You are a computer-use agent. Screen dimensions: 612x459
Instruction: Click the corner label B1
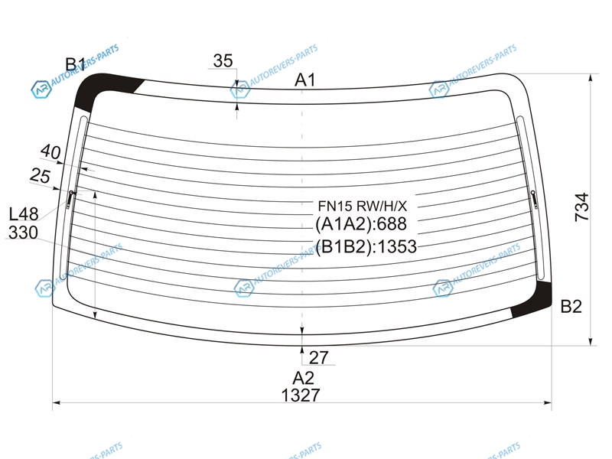tap(75, 64)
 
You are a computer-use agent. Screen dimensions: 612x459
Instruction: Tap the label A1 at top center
tap(304, 80)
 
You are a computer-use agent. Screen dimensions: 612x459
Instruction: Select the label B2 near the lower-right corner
tap(571, 307)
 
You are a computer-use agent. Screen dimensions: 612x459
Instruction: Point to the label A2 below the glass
tap(303, 378)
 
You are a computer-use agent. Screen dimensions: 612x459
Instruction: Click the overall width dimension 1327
tap(301, 396)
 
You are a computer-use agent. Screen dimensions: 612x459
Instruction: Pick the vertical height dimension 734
tap(581, 207)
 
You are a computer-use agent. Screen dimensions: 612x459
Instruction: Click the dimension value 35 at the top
tap(223, 61)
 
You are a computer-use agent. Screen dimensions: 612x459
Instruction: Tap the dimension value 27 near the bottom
tap(319, 357)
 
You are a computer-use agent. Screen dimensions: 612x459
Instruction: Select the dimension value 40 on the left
tap(50, 151)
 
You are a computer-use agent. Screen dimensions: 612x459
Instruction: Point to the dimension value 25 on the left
tap(41, 176)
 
